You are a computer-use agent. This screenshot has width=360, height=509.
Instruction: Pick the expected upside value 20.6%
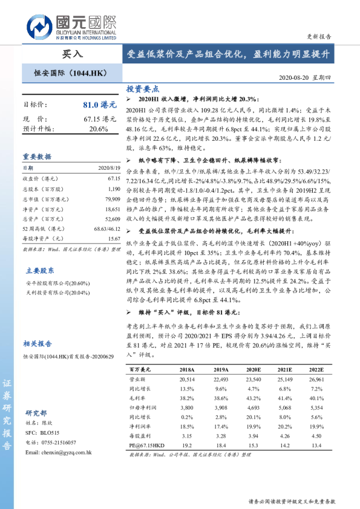click(x=99, y=129)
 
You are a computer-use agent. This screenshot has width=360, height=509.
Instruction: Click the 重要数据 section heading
click(x=37, y=156)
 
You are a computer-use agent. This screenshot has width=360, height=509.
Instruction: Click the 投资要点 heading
click(x=142, y=88)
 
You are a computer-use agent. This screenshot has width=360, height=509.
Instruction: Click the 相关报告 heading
click(x=37, y=344)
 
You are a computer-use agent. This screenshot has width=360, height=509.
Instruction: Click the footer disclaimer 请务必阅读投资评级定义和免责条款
click(x=291, y=502)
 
